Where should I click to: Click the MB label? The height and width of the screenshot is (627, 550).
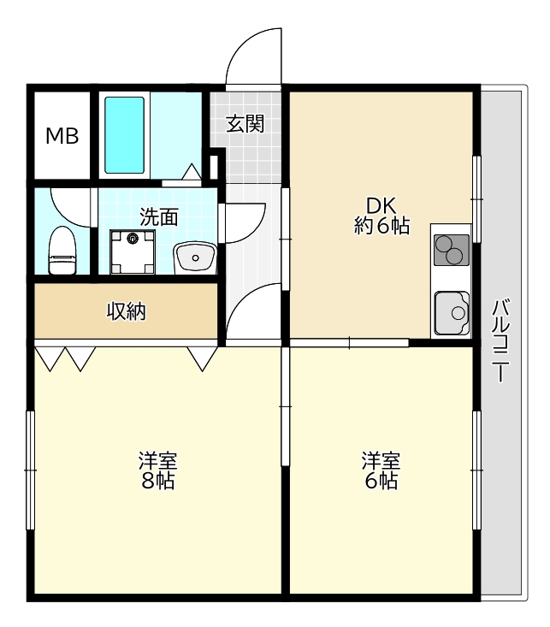62,136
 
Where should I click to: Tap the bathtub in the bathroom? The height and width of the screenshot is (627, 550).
124,135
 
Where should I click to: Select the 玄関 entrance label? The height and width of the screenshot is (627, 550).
245,123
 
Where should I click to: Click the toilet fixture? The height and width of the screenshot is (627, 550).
62,251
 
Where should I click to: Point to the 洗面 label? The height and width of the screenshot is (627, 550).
159,216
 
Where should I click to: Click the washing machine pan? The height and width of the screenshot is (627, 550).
133,252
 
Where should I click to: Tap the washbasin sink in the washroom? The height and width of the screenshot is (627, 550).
195,257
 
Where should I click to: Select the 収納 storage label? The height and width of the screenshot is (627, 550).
126,311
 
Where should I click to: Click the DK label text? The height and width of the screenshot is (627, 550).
381,206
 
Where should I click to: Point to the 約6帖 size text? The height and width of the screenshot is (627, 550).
381,226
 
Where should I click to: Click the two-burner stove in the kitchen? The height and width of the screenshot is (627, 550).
452,251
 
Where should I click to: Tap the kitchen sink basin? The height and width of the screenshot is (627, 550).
452,313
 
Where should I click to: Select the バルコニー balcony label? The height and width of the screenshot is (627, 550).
500,340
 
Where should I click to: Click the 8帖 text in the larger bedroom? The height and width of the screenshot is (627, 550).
158,480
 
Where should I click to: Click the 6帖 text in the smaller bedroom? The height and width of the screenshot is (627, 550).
381,480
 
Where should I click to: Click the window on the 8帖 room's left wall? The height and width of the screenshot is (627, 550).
31,470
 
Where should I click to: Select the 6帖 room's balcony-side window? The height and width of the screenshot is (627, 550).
476,470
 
